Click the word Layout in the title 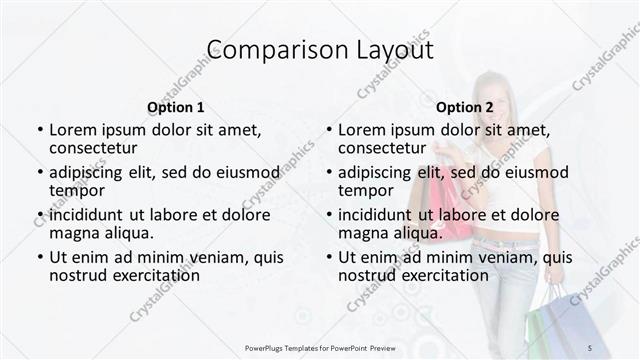[x=385, y=50]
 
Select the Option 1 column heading [x=175, y=107]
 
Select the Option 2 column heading [x=464, y=107]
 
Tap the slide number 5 [x=589, y=347]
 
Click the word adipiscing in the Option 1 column [x=90, y=172]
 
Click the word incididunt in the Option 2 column [x=376, y=215]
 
